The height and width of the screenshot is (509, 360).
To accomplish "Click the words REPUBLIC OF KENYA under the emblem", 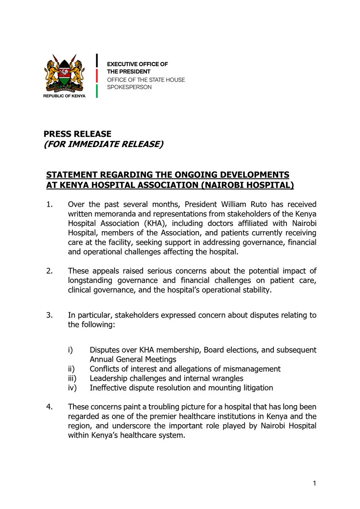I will pos(64,96).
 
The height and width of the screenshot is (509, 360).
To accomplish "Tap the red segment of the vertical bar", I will pos(97,76).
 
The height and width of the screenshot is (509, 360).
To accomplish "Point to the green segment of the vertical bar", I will pos(97,91).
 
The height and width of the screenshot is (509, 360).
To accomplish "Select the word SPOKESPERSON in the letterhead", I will pos(129,87).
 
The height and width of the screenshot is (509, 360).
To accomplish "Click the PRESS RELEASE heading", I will pos(77,134).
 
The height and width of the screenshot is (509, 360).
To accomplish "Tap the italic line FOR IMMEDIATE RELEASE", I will pos(103,144).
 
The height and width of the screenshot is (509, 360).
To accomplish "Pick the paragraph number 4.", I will pos(49,407).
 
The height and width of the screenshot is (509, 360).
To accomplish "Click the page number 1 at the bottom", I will pos(315,483).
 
